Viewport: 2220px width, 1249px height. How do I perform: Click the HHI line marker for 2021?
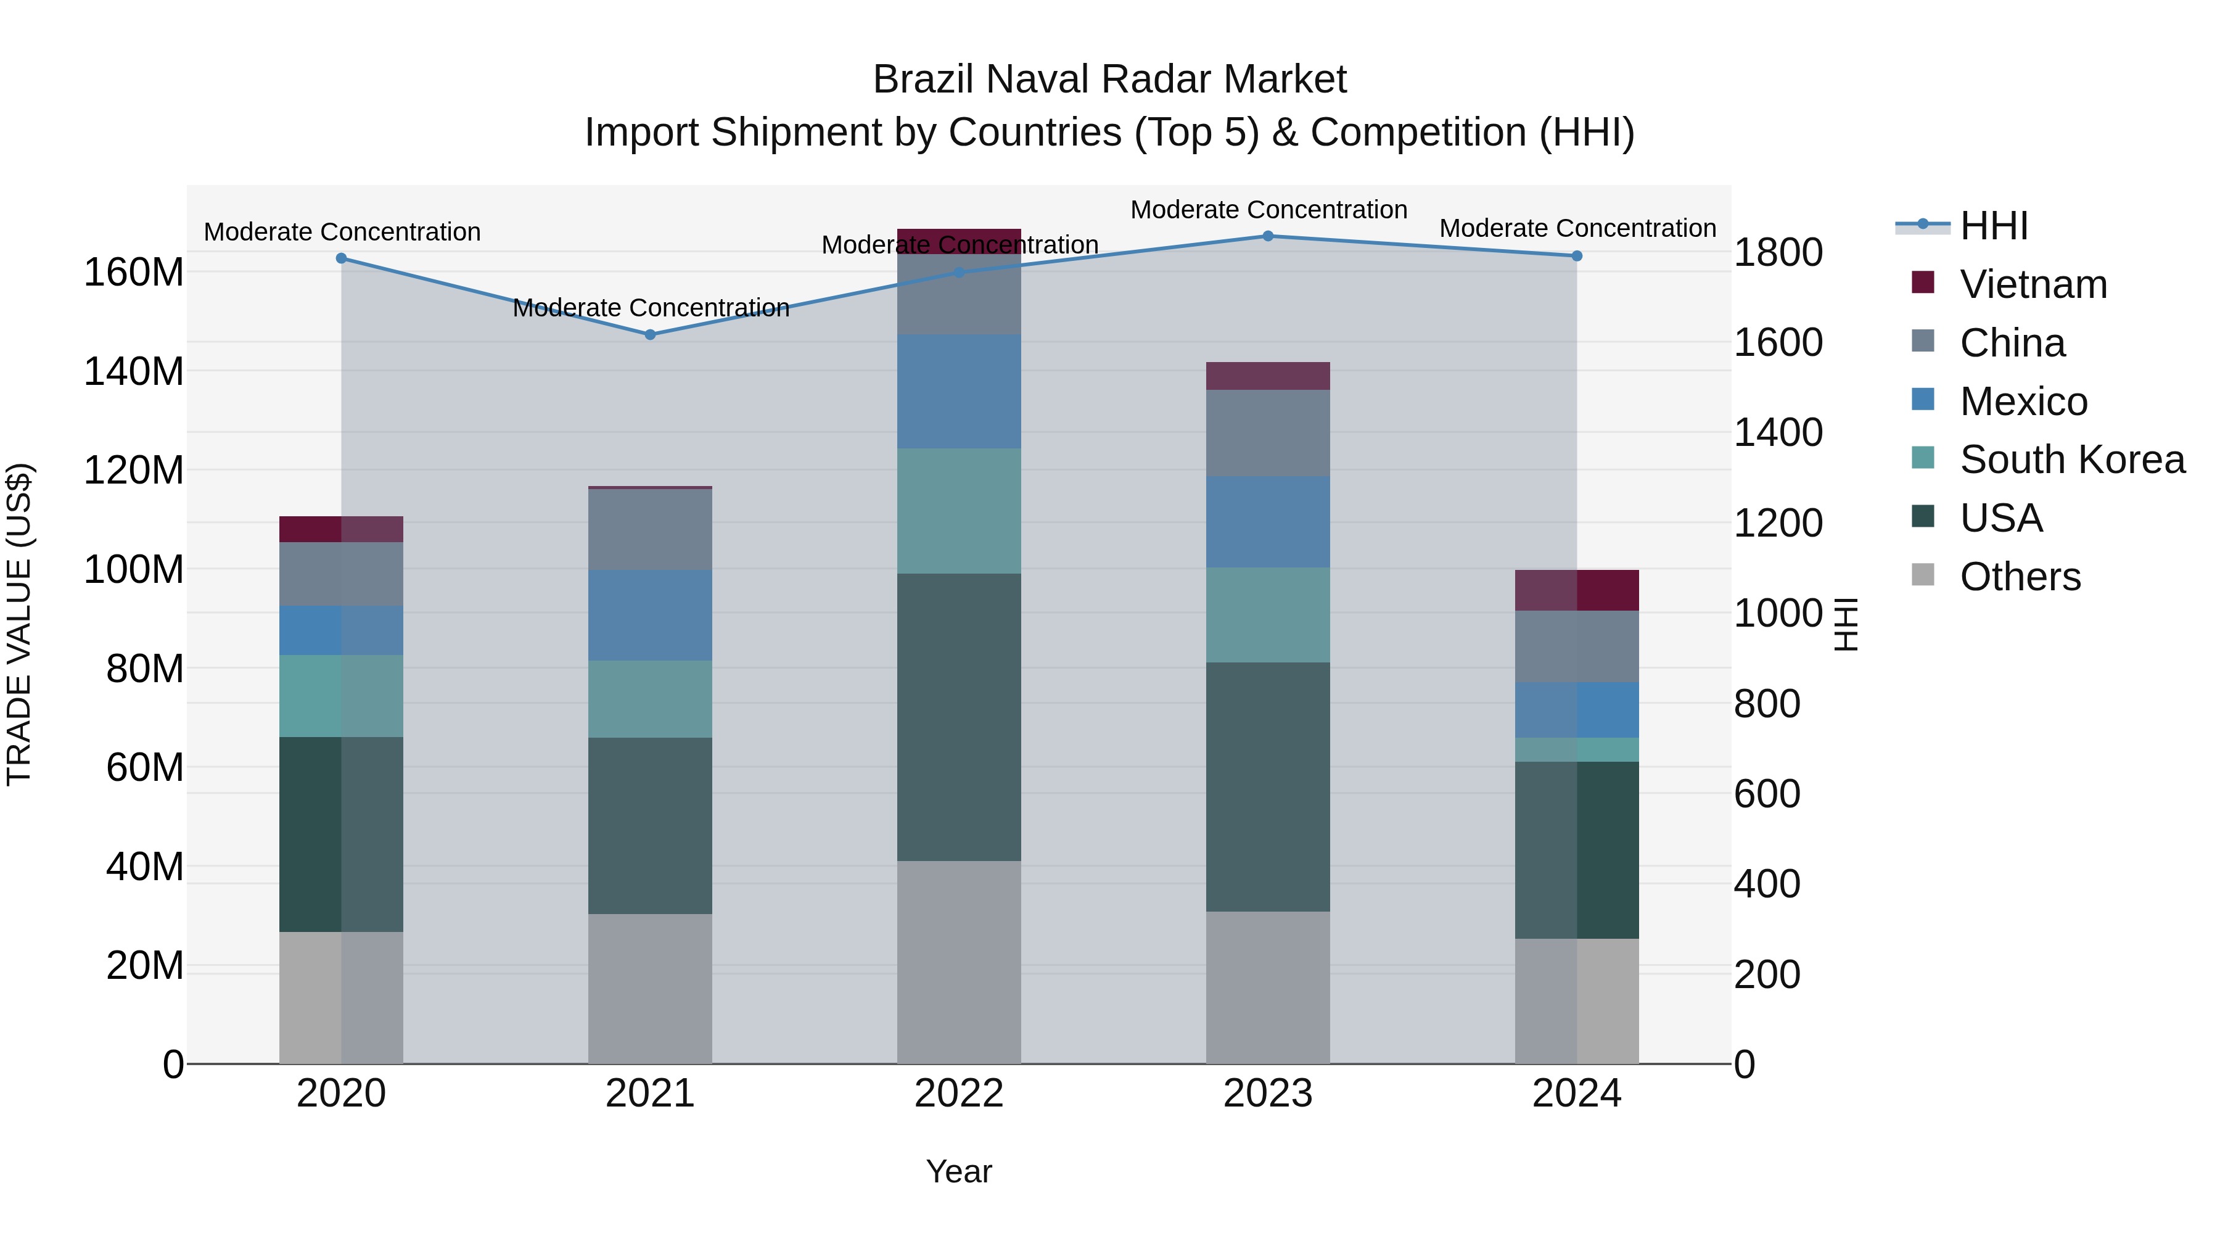point(651,334)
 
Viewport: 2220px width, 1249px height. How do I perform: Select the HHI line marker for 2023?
point(1268,236)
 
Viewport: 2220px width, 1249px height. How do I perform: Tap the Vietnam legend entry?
point(2032,284)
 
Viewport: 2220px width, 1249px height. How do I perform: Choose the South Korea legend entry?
point(2071,460)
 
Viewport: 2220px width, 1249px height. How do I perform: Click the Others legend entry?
point(2019,577)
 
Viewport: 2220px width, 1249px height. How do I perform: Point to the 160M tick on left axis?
point(134,273)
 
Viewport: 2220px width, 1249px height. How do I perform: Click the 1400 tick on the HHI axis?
point(1777,433)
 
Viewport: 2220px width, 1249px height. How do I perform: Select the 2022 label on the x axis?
point(958,1094)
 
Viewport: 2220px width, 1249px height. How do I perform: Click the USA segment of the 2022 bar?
point(958,717)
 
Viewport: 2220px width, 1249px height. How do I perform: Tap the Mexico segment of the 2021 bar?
point(650,616)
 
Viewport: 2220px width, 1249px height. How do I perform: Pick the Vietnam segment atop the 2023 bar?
point(1268,376)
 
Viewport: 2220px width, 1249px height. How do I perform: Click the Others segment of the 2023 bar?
point(1268,987)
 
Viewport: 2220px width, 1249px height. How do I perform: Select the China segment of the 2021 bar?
point(650,529)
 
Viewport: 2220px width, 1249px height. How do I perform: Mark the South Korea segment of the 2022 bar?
point(958,511)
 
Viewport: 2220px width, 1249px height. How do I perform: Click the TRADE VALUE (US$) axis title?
point(19,624)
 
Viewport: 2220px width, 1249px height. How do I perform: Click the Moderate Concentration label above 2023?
point(1268,210)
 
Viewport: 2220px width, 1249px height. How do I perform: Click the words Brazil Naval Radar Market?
point(1109,80)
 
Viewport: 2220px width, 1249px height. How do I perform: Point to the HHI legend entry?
point(1992,226)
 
